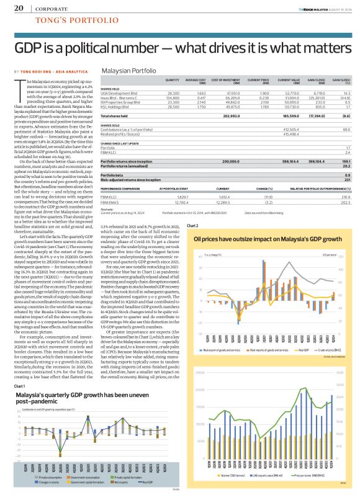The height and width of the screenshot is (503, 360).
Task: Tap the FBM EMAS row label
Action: tap(110, 185)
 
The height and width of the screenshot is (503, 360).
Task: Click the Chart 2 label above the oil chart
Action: tap(192, 226)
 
